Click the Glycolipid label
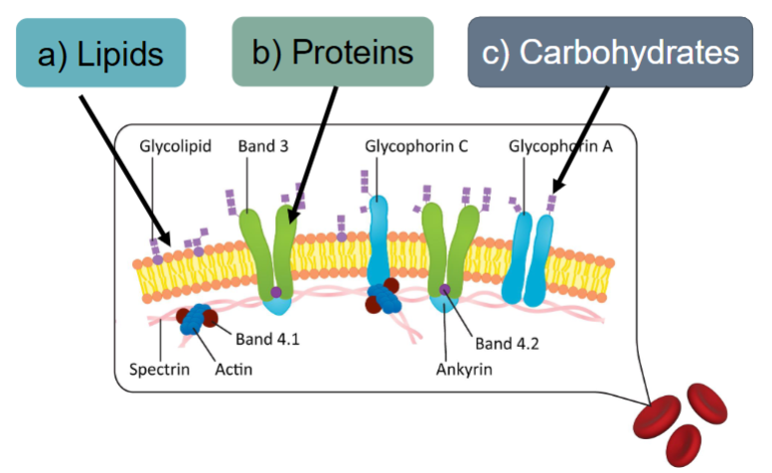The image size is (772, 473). click(x=175, y=146)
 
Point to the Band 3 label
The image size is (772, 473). click(x=262, y=146)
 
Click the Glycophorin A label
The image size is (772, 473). click(x=560, y=146)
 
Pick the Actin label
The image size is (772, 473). click(x=233, y=371)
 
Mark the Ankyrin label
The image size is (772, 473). click(x=463, y=371)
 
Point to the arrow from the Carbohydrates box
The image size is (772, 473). click(x=581, y=139)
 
